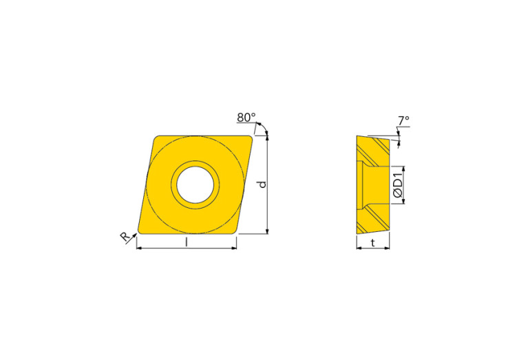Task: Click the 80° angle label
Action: pyautogui.click(x=246, y=118)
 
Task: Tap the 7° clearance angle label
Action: pyautogui.click(x=403, y=120)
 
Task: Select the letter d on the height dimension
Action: pyautogui.click(x=261, y=184)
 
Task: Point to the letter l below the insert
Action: pyautogui.click(x=187, y=242)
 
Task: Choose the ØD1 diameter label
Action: pyautogui.click(x=397, y=184)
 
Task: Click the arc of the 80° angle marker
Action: pyautogui.click(x=262, y=128)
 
